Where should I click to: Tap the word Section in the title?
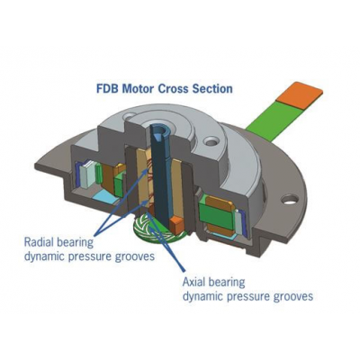(x=212, y=89)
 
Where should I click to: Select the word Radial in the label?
(x=40, y=242)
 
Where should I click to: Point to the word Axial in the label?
(x=195, y=282)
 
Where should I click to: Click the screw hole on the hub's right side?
(x=210, y=140)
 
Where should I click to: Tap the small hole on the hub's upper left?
(x=130, y=115)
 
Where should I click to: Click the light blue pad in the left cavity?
(x=105, y=197)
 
